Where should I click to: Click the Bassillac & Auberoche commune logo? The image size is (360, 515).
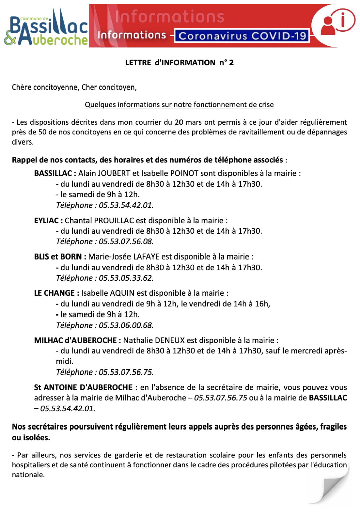46,27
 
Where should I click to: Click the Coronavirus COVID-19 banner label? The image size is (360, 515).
242,36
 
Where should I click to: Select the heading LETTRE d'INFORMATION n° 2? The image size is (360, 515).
179,63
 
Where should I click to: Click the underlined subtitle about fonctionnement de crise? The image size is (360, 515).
179,105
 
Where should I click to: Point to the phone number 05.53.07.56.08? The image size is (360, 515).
126,241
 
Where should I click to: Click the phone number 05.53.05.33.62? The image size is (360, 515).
126,278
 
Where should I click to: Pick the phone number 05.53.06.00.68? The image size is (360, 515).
126,325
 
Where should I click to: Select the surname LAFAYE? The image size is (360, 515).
146,257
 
